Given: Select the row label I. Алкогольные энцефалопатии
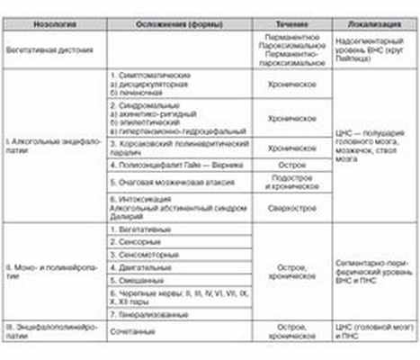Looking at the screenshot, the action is tap(40, 148).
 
